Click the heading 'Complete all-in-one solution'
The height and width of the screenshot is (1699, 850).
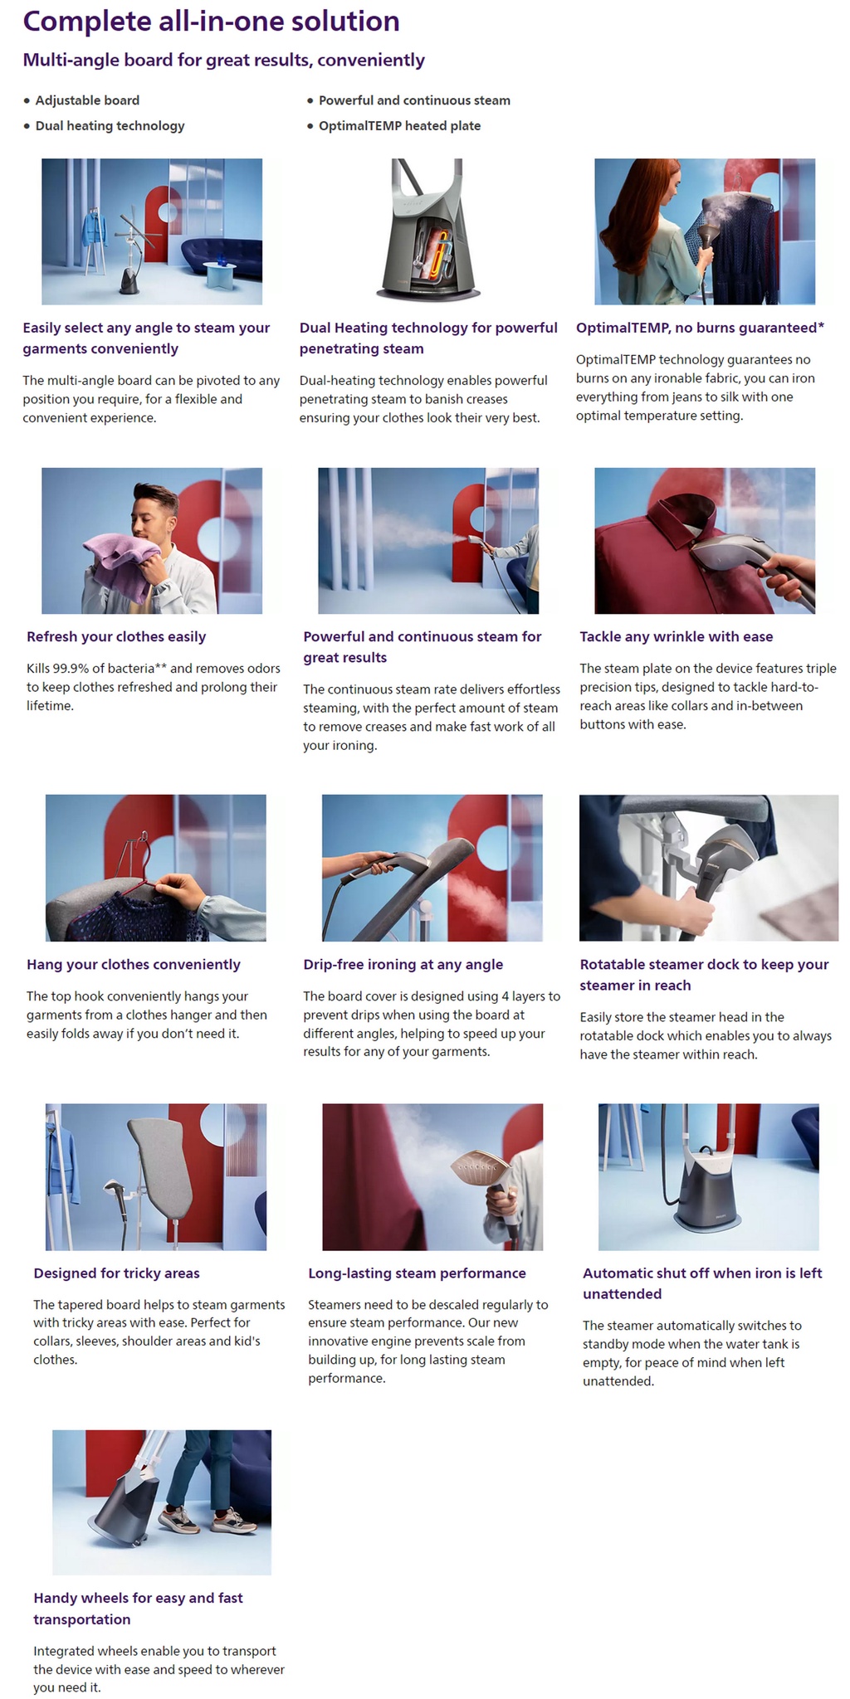[211, 22]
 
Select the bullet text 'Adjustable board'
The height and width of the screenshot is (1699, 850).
[87, 100]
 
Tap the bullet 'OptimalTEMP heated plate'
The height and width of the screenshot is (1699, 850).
[399, 126]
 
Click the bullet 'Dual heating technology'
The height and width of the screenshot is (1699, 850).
[110, 126]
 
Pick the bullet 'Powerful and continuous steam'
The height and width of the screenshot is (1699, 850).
[414, 100]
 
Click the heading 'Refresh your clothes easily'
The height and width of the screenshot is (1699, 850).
[116, 636]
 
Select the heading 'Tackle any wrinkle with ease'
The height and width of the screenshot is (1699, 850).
[677, 636]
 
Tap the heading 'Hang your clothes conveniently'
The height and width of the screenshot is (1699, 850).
[134, 964]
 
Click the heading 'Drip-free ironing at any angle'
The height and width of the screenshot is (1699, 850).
[403, 964]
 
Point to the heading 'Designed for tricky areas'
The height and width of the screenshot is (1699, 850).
[116, 1273]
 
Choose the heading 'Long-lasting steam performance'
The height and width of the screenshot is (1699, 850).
[417, 1273]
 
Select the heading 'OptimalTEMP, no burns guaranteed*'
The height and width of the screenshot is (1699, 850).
[700, 328]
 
